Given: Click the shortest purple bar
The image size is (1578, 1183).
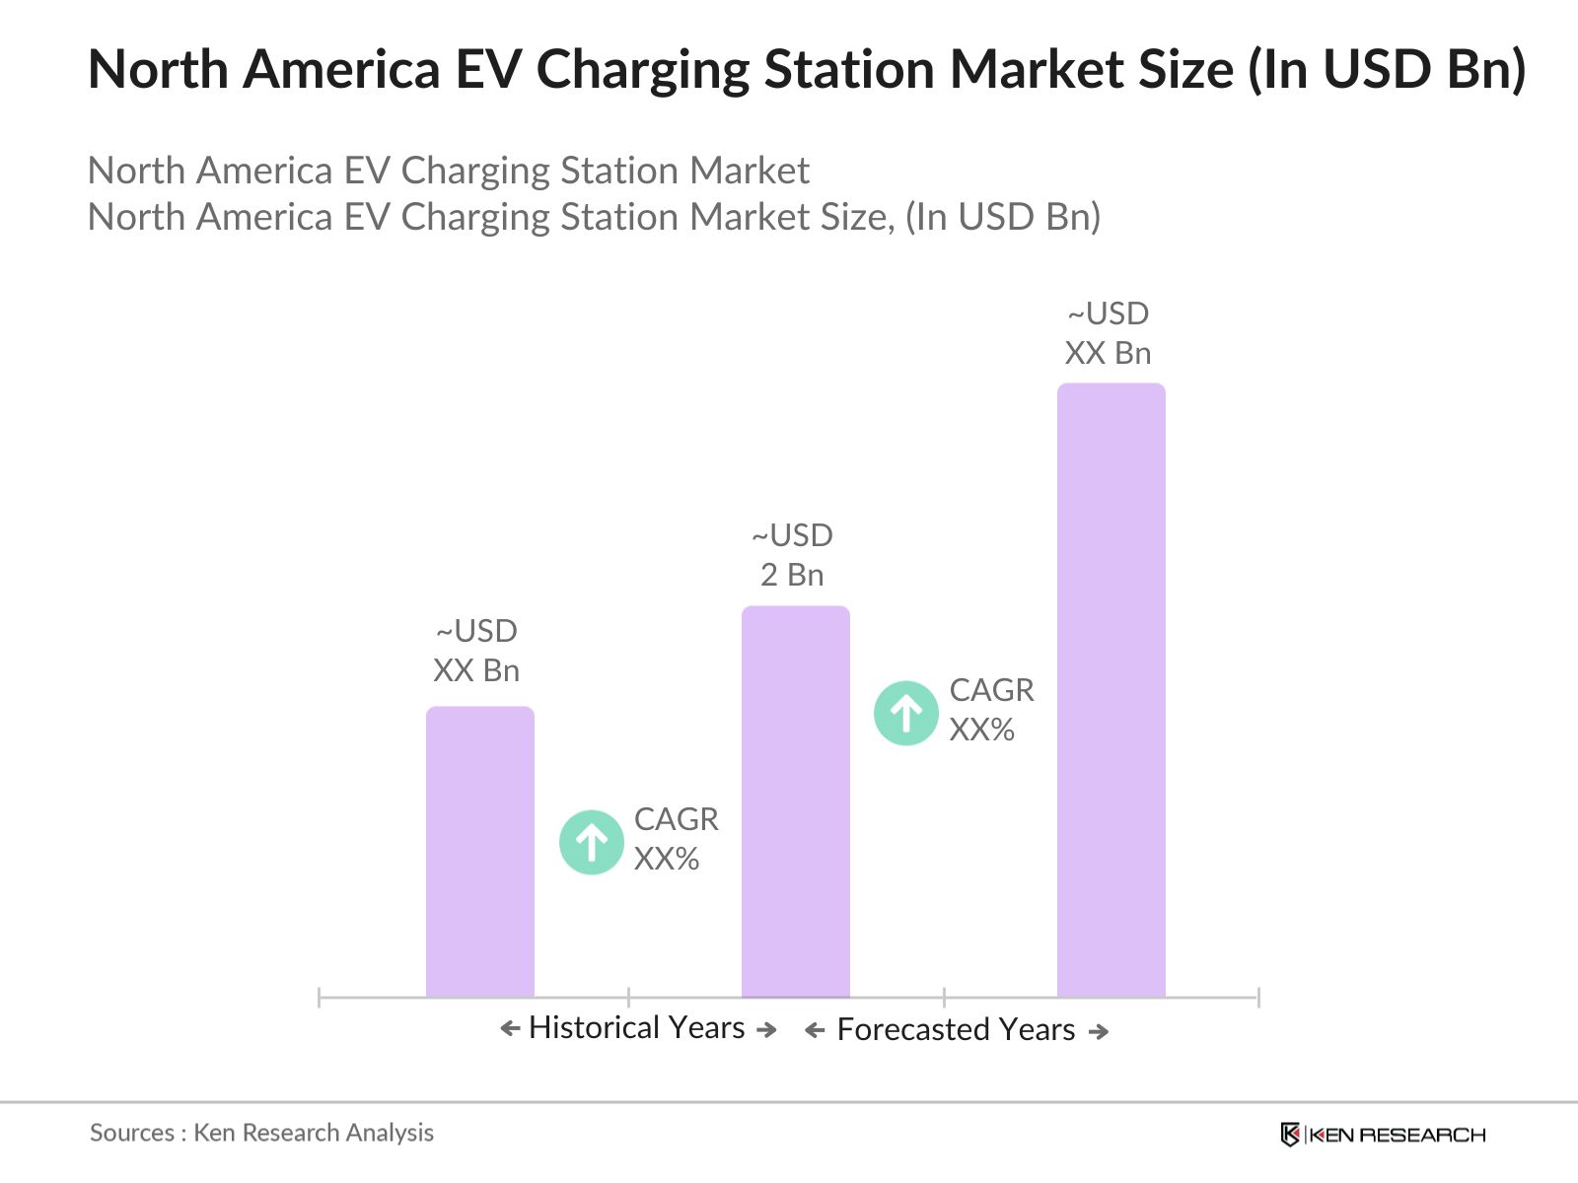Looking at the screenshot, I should click(479, 852).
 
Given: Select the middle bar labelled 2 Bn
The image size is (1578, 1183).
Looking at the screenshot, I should click(795, 801).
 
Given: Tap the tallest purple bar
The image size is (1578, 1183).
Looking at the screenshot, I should click(1111, 690).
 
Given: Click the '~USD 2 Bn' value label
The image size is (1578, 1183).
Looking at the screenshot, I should click(792, 555).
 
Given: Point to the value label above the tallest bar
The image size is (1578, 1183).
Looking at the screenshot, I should click(1108, 333).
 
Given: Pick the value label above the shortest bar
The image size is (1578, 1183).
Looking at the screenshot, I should click(476, 651).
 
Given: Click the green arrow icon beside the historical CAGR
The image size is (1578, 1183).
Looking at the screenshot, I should click(592, 842).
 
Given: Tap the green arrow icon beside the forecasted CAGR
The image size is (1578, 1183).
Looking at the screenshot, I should click(906, 713).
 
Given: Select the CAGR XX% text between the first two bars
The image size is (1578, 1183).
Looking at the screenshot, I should click(676, 839).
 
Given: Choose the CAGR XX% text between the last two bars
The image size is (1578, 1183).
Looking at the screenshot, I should click(991, 710).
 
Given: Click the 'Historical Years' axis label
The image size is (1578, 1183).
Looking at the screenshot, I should click(636, 1028).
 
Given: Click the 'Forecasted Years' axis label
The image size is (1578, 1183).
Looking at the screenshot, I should click(956, 1030).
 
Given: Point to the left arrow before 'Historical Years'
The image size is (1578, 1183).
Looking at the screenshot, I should click(510, 1029).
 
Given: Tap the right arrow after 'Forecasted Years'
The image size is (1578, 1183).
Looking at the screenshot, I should click(1099, 1031).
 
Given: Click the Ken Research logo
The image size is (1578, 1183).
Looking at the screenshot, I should click(1383, 1135).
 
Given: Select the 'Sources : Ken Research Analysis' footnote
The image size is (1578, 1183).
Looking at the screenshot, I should click(261, 1133).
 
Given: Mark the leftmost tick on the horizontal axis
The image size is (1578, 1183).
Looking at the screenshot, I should click(320, 998).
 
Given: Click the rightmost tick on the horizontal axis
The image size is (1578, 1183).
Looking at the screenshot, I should click(1258, 998).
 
